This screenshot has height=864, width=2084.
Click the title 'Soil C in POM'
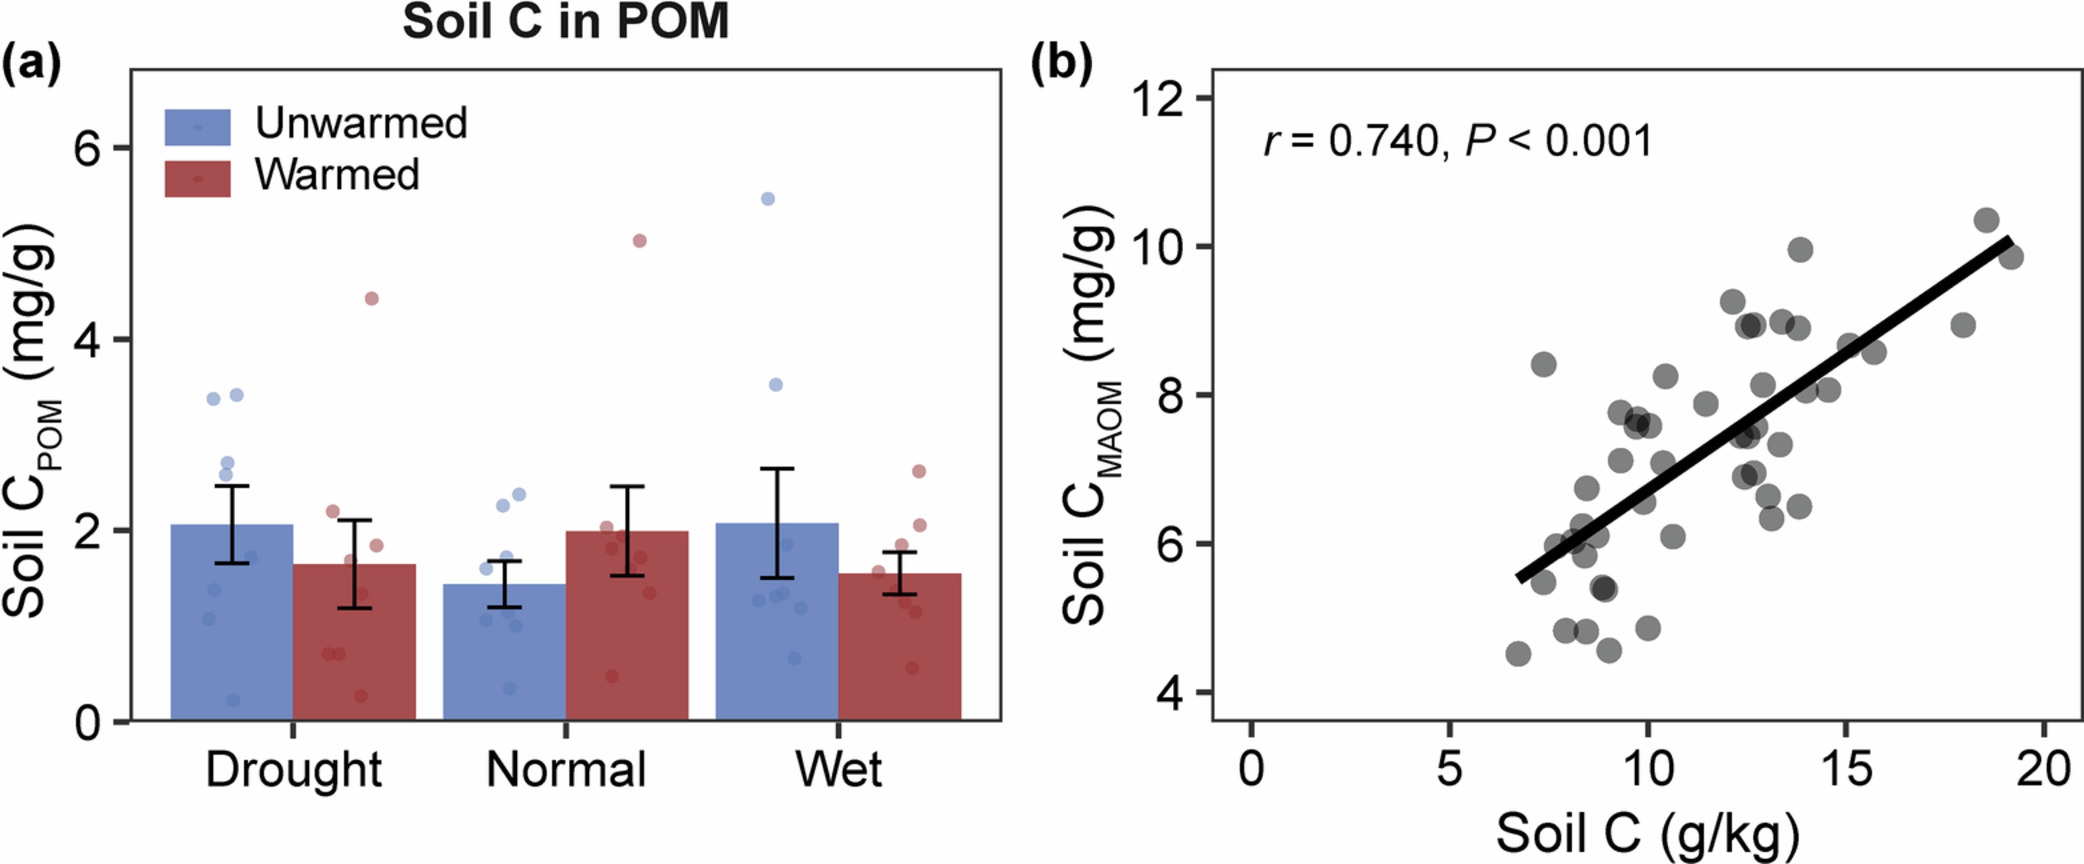[565, 22]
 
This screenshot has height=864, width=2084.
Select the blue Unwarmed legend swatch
[197, 127]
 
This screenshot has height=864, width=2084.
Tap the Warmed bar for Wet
[900, 647]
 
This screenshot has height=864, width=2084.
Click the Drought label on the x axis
[293, 770]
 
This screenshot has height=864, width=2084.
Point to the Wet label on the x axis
[838, 770]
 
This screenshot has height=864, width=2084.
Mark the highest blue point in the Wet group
[768, 199]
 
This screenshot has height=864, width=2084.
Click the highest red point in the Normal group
[639, 241]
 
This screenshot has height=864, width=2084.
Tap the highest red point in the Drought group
[371, 299]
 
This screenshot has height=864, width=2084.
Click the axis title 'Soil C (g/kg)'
[1647, 833]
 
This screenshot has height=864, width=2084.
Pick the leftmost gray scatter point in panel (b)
[1518, 654]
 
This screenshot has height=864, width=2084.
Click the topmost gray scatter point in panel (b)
[1986, 220]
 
